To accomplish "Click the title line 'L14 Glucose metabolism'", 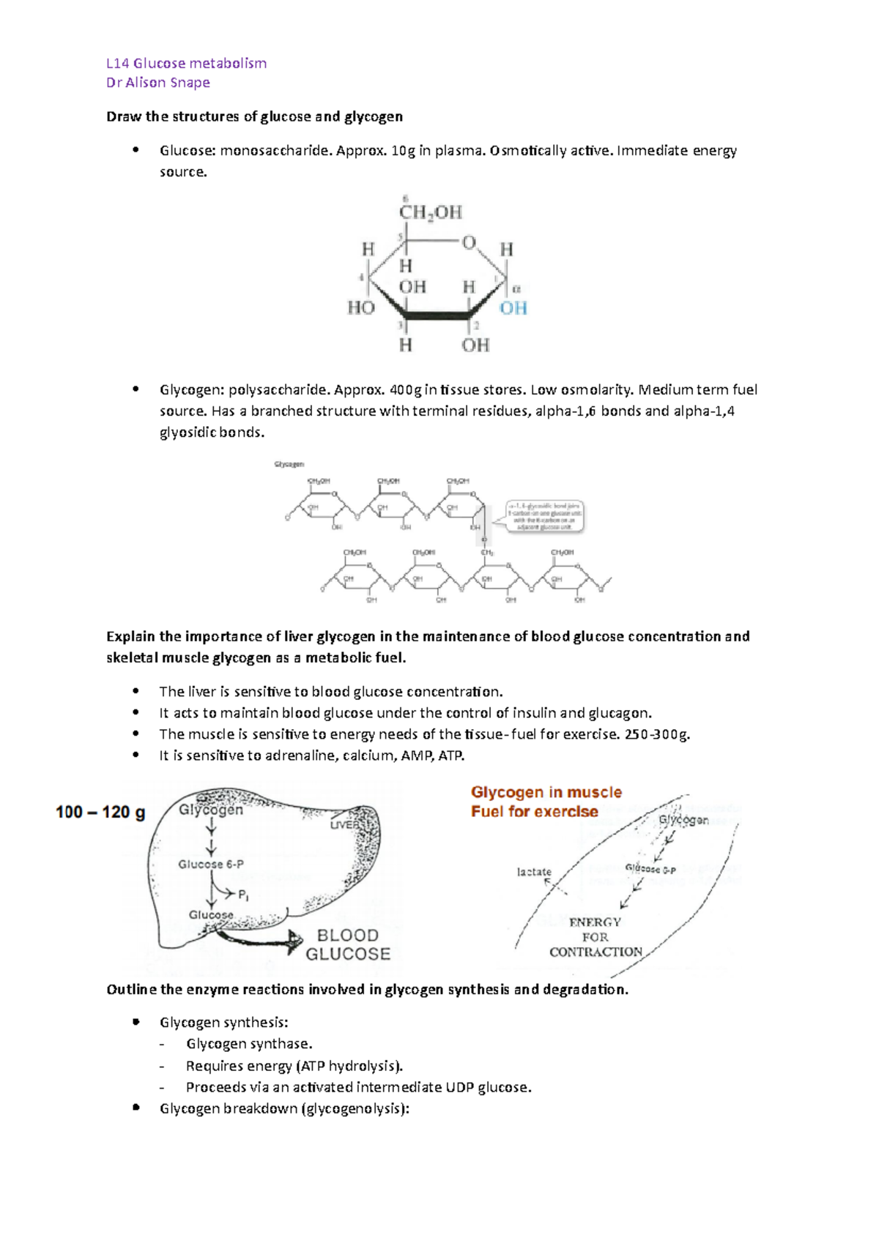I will tap(186, 64).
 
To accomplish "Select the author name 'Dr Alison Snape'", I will tap(158, 83).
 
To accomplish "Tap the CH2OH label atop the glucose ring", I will tap(430, 212).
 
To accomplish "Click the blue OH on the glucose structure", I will tap(513, 308).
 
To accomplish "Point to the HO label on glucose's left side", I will tap(360, 307).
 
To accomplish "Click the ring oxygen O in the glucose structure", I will tap(469, 242).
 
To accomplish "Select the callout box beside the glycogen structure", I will tap(545, 517).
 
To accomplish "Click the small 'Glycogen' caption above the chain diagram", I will tap(289, 464).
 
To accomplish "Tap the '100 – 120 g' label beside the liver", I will tap(100, 812).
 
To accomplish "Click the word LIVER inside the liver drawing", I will tap(345, 825).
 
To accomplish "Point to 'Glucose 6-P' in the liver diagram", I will tap(211, 865).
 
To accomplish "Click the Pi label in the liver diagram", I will tap(244, 895).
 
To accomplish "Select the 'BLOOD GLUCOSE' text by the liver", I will tap(348, 945).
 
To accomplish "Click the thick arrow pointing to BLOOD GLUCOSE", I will tap(264, 939).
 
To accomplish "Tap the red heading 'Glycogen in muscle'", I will tap(546, 792).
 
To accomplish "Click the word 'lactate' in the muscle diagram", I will tap(534, 872).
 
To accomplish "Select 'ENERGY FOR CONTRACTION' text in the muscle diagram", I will tap(596, 937).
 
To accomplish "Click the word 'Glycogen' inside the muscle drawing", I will tap(683, 820).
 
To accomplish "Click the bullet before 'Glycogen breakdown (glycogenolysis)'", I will tap(136, 1108).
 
